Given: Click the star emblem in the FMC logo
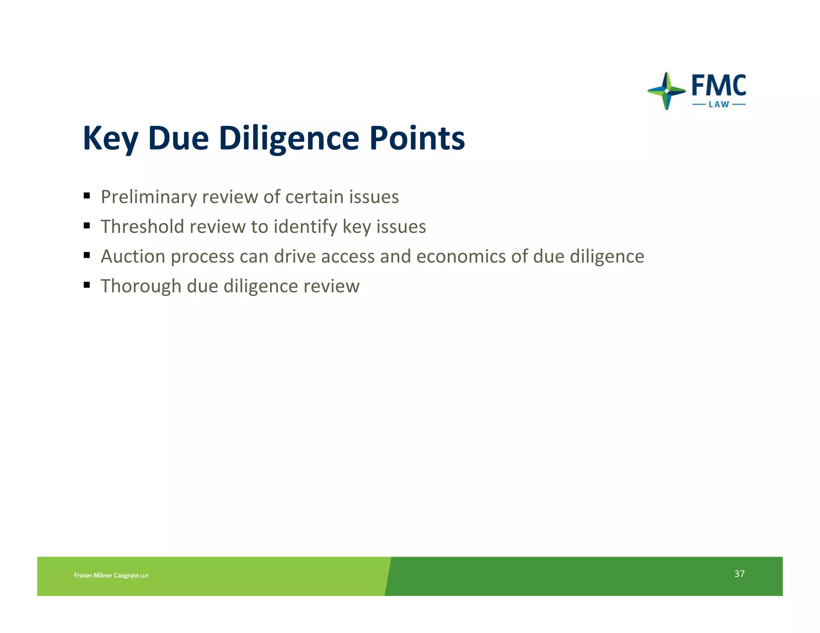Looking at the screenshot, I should coord(666,91).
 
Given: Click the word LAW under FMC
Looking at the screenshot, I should coord(719,105).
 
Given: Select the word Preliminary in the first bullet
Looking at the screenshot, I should coord(149,197).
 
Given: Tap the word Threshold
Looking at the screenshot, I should coord(142,226).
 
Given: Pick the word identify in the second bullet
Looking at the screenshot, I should coord(305,226).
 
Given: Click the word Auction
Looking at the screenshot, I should coord(133,256).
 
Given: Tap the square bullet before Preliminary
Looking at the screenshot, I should coord(87,196).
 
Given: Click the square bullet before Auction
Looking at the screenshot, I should coord(87,255).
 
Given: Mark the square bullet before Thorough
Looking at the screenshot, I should coord(87,285).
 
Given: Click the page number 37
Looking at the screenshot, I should coord(739,574).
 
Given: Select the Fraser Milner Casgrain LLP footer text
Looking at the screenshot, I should coord(111,575).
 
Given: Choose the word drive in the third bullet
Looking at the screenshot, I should coord(295,256).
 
